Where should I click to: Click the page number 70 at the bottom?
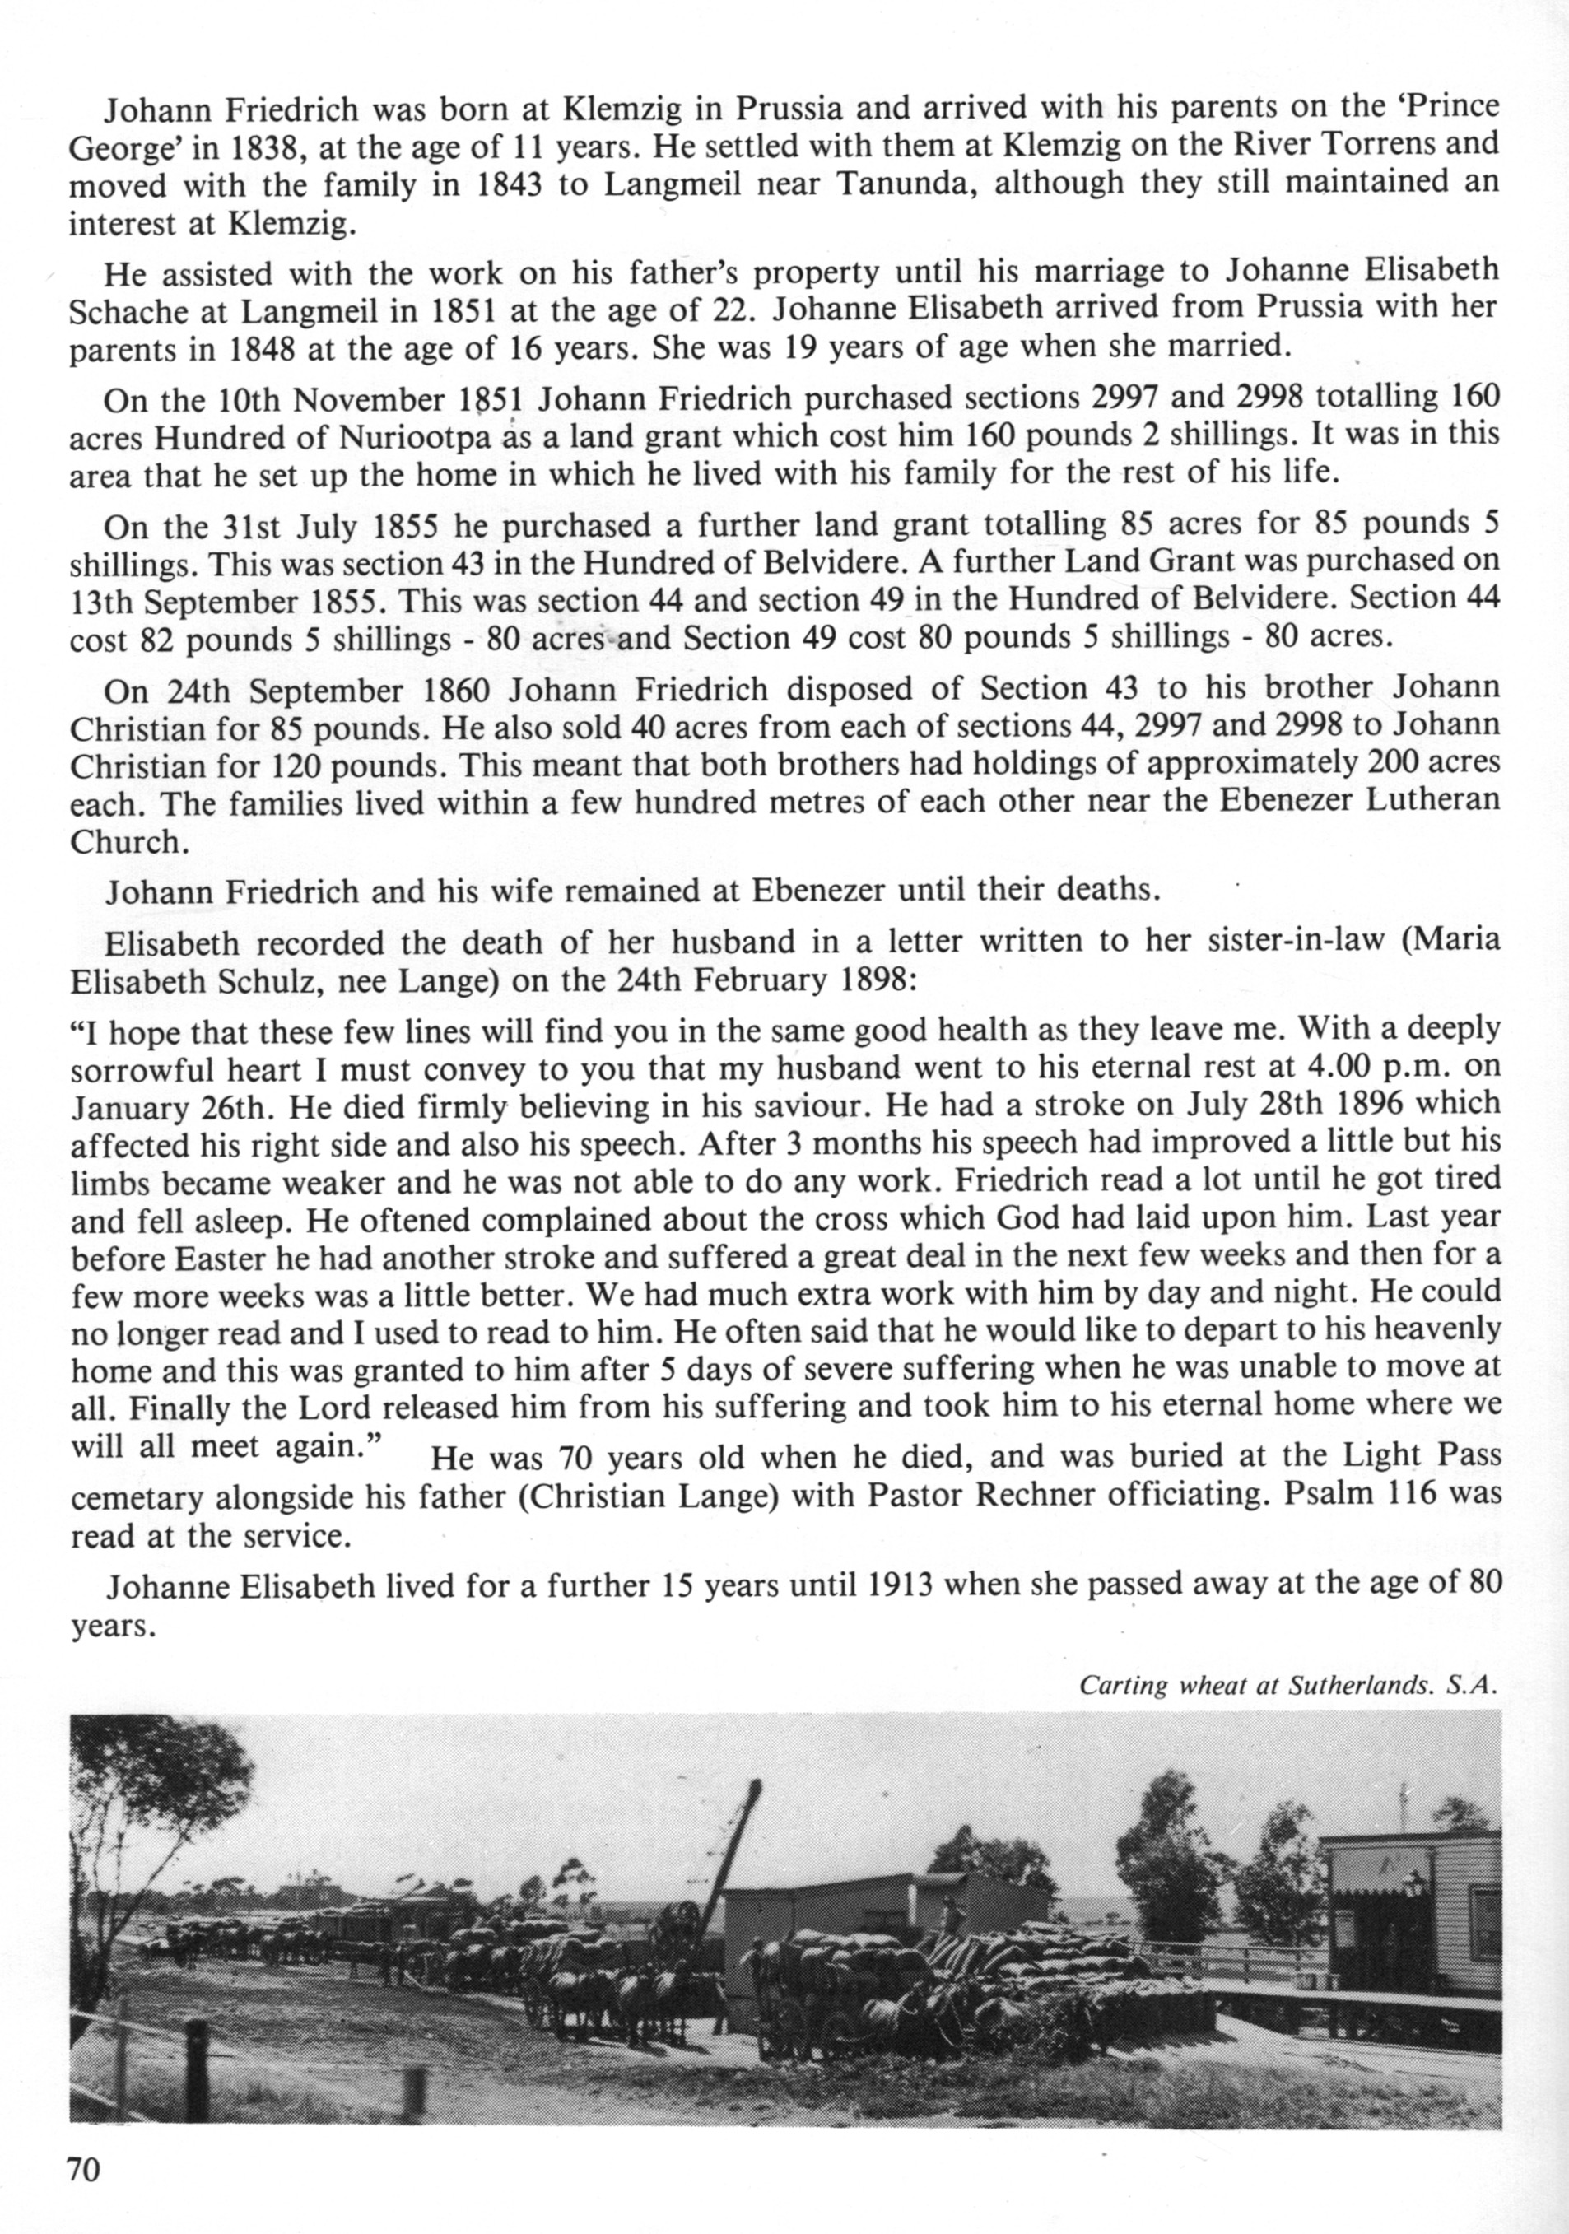pyautogui.click(x=84, y=2169)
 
